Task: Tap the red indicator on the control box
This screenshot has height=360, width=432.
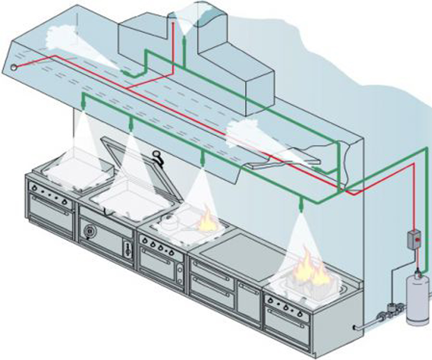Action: (417, 239)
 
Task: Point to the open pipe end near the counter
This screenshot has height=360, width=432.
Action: (356, 327)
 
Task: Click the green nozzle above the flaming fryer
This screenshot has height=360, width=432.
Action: (301, 205)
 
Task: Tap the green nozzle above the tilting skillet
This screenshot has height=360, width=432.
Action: (131, 126)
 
